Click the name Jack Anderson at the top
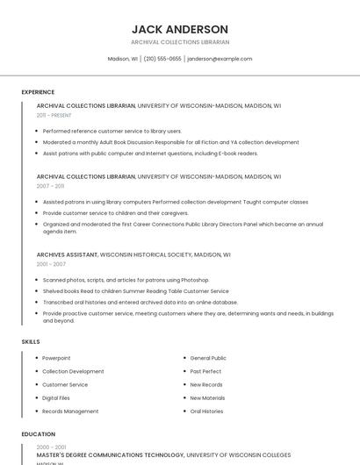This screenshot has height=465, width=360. (x=180, y=29)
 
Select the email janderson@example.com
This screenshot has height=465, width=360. (x=220, y=59)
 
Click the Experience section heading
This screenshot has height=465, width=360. (x=38, y=92)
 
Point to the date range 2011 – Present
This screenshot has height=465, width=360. (x=54, y=115)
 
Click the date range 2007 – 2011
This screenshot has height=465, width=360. (x=50, y=186)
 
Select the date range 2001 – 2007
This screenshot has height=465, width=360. (x=51, y=264)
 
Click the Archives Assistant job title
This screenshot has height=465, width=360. (x=67, y=254)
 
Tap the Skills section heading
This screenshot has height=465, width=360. (x=31, y=341)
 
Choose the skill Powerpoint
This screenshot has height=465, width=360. (x=56, y=358)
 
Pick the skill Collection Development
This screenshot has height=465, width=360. (x=73, y=371)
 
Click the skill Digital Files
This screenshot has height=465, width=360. (x=56, y=397)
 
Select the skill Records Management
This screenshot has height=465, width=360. (x=70, y=411)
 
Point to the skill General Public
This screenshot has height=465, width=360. (x=208, y=358)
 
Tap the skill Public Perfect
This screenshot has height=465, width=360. (x=206, y=371)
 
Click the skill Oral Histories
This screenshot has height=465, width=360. (x=206, y=411)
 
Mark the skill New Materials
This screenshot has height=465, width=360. (x=207, y=397)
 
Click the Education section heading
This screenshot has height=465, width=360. (x=38, y=434)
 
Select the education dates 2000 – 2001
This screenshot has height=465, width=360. (x=50, y=447)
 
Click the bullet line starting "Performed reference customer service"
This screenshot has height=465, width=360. (x=112, y=131)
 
